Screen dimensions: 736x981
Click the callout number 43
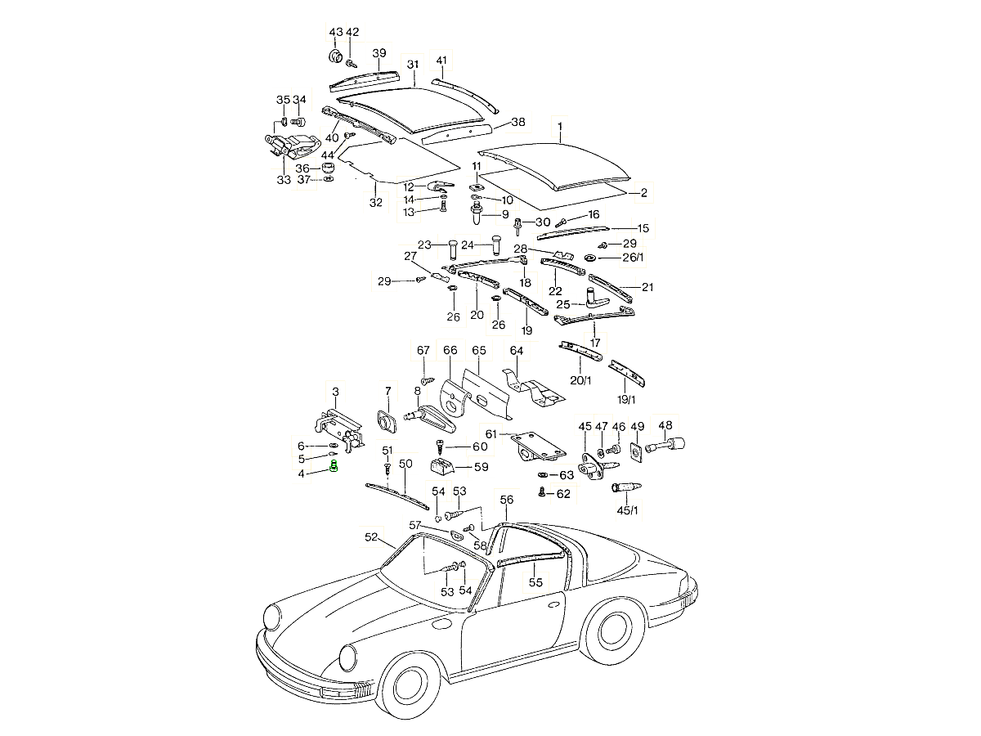tap(335, 32)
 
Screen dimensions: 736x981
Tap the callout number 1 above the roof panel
tap(561, 127)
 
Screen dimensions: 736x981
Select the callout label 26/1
tap(633, 258)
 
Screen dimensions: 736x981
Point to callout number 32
tap(375, 202)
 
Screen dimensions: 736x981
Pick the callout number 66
tap(450, 350)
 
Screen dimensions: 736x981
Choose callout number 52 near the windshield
tap(371, 537)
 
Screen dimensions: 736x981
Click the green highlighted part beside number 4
tap(334, 467)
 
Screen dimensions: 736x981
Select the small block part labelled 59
tap(442, 467)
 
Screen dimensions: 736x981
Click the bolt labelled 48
tap(670, 446)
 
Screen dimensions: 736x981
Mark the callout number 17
tap(595, 343)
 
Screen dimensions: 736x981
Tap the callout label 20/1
tap(581, 380)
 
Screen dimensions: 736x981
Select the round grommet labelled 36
tap(328, 168)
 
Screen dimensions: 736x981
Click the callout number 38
tap(518, 122)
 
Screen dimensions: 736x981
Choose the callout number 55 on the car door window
tap(535, 582)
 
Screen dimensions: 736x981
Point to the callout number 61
tap(491, 433)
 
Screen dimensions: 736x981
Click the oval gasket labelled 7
tap(385, 420)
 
